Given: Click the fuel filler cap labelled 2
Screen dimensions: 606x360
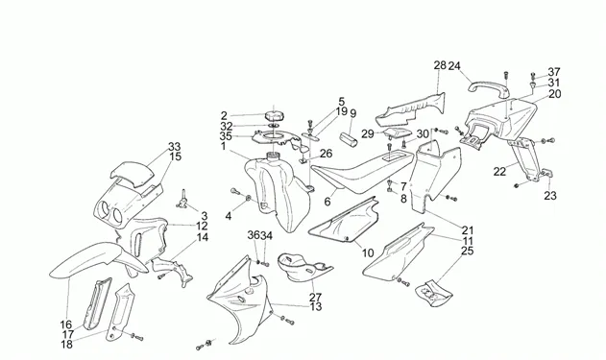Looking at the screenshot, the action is [274, 116].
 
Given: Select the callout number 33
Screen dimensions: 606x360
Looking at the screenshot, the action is [174, 147].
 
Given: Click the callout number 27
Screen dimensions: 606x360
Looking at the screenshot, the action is [315, 298].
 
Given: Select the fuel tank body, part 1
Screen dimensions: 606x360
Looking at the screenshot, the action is [277, 193].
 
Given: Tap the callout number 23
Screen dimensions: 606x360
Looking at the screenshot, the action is [550, 196].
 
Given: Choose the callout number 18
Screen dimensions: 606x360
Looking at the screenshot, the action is [67, 345].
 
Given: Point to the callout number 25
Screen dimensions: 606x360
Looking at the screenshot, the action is [468, 252].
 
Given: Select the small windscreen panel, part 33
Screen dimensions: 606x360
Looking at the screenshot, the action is [132, 173].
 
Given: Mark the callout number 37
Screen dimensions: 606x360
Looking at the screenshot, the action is [554, 72].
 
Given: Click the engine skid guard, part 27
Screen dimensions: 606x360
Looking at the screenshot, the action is [303, 267].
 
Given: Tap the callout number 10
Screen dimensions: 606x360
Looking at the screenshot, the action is [368, 253].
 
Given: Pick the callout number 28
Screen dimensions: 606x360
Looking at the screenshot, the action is [440, 65].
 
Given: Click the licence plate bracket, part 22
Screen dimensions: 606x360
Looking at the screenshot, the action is [527, 158].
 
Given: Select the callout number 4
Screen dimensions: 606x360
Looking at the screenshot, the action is [229, 216].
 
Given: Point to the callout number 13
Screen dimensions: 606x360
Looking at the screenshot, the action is [316, 306].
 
